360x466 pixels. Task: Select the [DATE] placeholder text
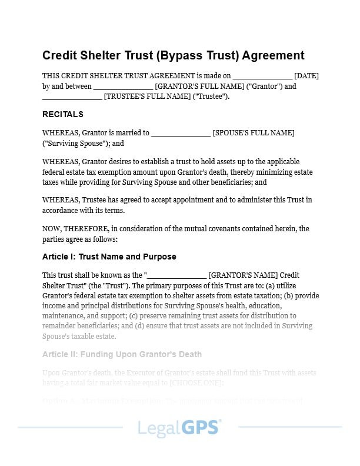click(x=306, y=75)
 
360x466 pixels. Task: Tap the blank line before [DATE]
click(x=262, y=76)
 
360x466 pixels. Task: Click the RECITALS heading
click(x=63, y=114)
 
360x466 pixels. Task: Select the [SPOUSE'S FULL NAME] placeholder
click(x=254, y=133)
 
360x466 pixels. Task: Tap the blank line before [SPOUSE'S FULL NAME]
click(x=181, y=134)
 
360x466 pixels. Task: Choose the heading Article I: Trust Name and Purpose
click(x=109, y=257)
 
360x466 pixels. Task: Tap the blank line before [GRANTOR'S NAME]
click(x=176, y=275)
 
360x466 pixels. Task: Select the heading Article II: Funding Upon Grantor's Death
click(x=122, y=354)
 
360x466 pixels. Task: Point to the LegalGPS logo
click(x=179, y=428)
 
